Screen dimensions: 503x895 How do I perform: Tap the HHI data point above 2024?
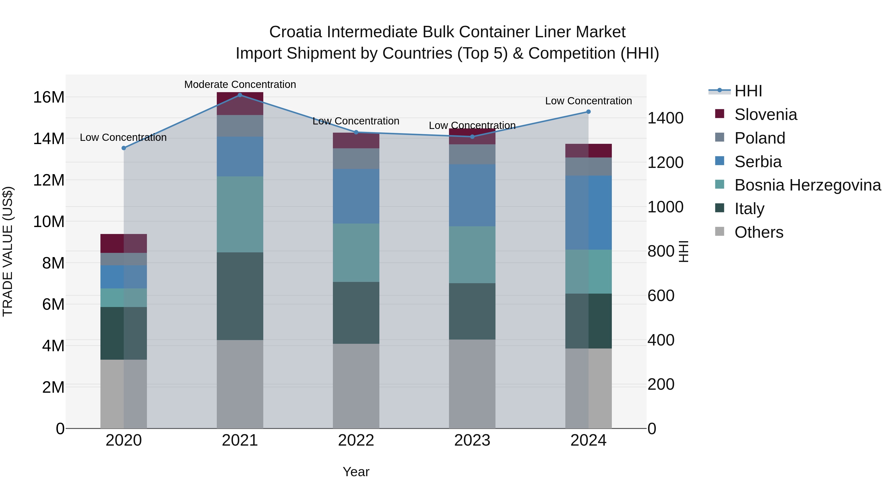(x=588, y=112)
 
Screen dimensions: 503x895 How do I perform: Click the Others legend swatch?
(x=719, y=232)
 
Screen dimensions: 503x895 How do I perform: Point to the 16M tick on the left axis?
(x=49, y=97)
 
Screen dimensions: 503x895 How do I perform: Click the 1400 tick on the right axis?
(x=665, y=118)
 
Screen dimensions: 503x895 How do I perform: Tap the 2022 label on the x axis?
(x=356, y=440)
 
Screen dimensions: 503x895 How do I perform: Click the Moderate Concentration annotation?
(x=240, y=84)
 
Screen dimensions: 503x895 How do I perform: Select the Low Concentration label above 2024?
(x=588, y=101)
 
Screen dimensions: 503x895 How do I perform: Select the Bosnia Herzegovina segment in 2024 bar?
(x=588, y=271)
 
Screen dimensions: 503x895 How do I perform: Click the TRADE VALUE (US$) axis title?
(x=8, y=251)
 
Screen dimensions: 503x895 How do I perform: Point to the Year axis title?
(x=356, y=472)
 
